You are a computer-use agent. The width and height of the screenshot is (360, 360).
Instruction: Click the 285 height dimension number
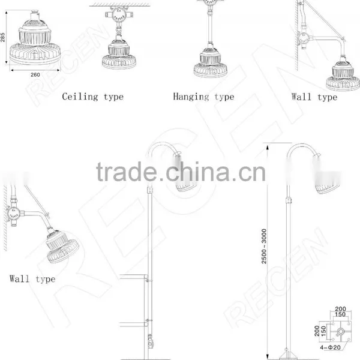(2, 37)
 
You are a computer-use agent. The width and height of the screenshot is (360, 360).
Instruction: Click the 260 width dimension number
(35, 74)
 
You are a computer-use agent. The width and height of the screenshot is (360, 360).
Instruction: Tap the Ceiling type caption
(93, 97)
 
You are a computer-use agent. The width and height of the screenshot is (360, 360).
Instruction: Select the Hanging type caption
(203, 97)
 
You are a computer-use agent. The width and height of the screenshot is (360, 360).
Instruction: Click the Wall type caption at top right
(314, 97)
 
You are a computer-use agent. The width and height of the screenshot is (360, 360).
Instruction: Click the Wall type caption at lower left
(32, 279)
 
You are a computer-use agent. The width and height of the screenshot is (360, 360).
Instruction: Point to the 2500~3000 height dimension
(264, 246)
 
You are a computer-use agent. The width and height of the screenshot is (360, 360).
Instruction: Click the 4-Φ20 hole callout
(330, 347)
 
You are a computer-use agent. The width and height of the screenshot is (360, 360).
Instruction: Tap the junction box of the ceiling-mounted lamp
(119, 14)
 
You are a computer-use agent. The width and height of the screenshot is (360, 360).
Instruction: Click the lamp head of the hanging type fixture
(211, 62)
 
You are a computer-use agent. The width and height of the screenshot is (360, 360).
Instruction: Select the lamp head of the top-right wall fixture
(343, 76)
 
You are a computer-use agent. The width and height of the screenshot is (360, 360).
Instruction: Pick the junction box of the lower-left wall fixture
(13, 213)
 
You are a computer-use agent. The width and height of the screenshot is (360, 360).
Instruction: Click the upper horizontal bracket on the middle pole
(134, 277)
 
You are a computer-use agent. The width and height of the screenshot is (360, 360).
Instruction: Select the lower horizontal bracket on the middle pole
(134, 324)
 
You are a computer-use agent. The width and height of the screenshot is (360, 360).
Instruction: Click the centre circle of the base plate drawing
(341, 331)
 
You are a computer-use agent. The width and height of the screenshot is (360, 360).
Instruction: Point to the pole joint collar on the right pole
(289, 200)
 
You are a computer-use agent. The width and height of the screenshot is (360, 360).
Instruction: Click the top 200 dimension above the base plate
(340, 309)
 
